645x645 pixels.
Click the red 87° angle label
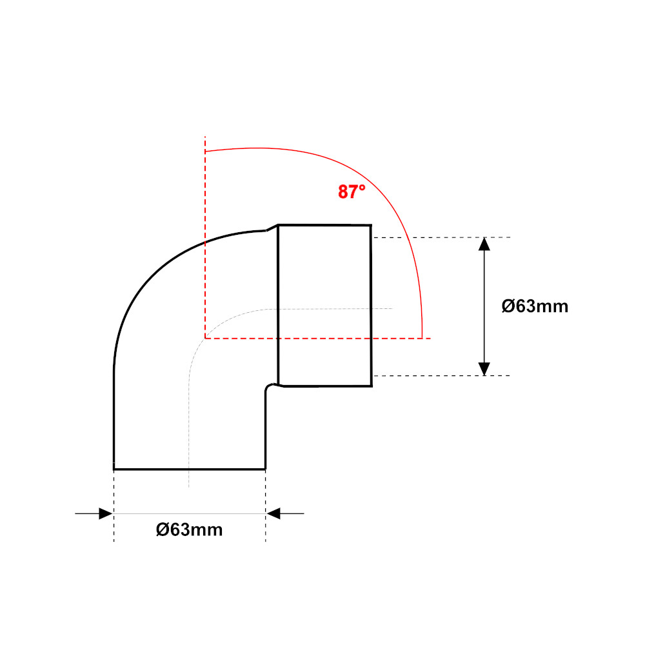point(352,192)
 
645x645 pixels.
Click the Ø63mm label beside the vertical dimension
point(535,306)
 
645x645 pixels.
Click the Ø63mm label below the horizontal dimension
point(189,530)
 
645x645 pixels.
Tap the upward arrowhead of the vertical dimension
point(484,244)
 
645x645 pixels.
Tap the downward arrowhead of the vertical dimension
point(484,369)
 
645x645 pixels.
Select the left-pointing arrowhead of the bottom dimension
point(273,513)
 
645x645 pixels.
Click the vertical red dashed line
point(205,237)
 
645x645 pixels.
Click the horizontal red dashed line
point(317,338)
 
